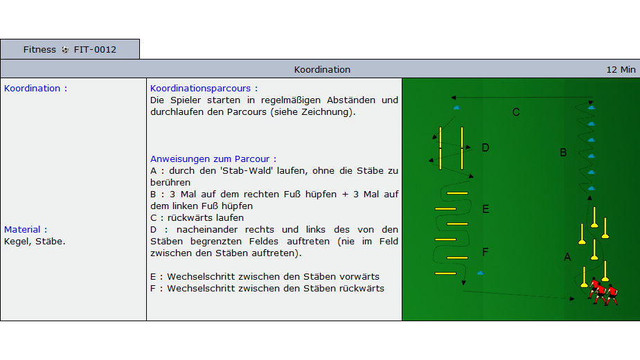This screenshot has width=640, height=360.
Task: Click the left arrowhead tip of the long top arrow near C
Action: coord(452,98)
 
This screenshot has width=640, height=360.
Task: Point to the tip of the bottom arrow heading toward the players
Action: coord(575,299)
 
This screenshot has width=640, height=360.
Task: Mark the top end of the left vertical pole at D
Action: coord(441,127)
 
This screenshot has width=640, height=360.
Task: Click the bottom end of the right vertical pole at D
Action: coord(462,168)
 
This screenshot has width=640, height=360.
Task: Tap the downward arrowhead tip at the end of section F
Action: coord(463,285)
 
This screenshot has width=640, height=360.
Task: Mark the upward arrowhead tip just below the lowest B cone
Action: coord(589,195)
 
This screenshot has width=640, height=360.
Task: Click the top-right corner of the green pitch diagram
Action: coord(639,78)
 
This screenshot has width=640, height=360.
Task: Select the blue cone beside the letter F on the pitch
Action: coord(481,273)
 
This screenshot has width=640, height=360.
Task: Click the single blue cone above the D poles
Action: coord(456,108)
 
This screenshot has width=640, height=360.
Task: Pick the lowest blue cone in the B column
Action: coord(592,188)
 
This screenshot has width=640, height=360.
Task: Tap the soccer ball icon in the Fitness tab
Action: coord(65,50)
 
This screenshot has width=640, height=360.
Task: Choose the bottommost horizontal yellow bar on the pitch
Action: coord(445,273)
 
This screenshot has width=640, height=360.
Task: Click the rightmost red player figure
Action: coord(612,295)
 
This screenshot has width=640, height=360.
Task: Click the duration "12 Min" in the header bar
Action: coord(621,70)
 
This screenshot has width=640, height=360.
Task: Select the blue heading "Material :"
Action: coord(26,229)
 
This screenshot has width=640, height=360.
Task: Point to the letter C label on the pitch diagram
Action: coord(516,112)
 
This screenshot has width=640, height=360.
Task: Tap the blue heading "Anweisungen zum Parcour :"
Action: coord(213,159)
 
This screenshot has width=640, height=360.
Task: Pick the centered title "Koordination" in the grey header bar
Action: coord(322,70)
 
